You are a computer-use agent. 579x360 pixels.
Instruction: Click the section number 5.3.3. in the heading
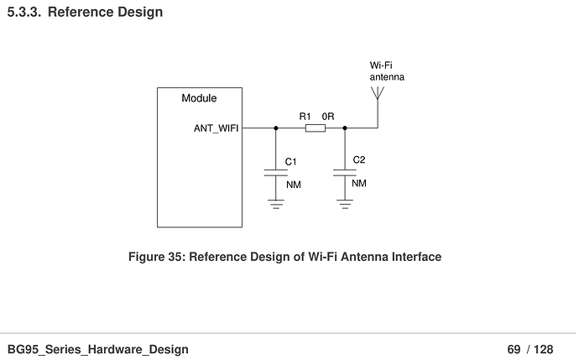[x=23, y=13]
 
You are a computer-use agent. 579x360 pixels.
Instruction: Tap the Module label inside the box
[x=199, y=98]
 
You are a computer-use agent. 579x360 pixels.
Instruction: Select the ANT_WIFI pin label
[x=216, y=128]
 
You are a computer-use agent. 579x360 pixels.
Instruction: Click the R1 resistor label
[x=305, y=117]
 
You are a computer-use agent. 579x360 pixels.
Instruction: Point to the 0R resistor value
[x=328, y=117]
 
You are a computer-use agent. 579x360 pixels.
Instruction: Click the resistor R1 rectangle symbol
[x=316, y=128]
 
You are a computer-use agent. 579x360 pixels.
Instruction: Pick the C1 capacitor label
[x=291, y=160]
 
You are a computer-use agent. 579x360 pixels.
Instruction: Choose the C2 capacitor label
[x=358, y=159]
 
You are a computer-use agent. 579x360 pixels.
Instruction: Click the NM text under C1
[x=293, y=184]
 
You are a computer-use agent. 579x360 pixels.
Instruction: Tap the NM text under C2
[x=358, y=183]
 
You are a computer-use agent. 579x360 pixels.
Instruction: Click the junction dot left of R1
[x=275, y=128]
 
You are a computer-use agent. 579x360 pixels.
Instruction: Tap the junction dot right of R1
[x=344, y=128]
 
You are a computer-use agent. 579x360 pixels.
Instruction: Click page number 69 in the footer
[x=514, y=349]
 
